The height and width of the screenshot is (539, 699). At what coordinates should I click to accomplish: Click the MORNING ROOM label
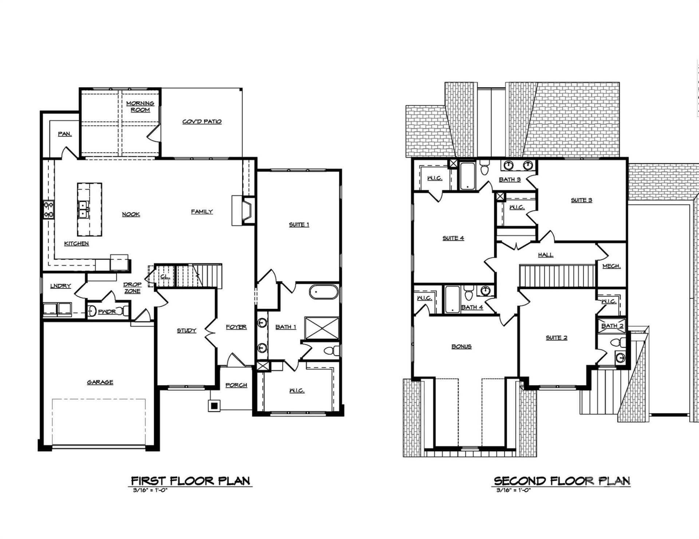[x=140, y=106]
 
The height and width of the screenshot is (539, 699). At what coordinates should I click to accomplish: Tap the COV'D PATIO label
[x=202, y=122]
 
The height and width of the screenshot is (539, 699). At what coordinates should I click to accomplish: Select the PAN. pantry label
[x=65, y=134]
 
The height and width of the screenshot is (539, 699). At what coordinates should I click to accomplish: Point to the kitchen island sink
[x=83, y=209]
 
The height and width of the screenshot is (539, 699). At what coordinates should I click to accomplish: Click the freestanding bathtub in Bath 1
[x=324, y=292]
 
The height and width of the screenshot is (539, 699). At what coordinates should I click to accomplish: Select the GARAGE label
[x=100, y=382]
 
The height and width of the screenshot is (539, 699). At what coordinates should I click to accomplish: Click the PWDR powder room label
[x=107, y=311]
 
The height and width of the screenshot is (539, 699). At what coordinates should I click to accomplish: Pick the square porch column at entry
[x=214, y=405]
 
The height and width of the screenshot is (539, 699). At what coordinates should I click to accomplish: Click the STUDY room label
[x=186, y=331]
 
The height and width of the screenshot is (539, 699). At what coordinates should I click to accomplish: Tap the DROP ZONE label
[x=132, y=288]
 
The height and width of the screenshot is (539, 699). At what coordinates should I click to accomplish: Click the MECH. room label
[x=611, y=266]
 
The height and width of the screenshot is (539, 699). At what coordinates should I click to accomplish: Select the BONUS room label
[x=461, y=346]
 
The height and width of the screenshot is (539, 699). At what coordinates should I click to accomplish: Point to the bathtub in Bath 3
[x=467, y=176]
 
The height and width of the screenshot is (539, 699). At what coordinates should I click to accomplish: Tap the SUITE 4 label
[x=453, y=238]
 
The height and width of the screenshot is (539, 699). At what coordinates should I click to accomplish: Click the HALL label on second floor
[x=545, y=255]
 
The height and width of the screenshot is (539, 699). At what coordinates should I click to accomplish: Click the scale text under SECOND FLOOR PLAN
[x=514, y=490]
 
